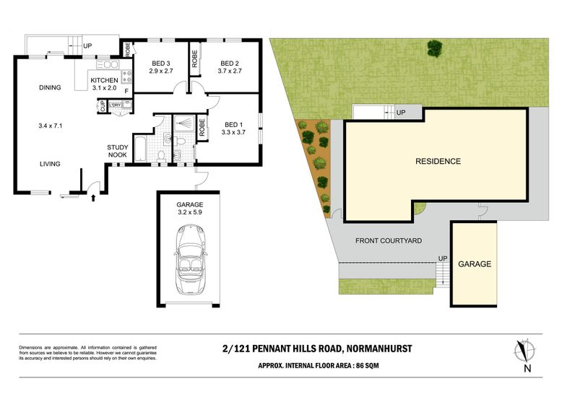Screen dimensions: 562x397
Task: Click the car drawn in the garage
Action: [190, 259]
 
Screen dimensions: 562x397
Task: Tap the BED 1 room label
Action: [234, 125]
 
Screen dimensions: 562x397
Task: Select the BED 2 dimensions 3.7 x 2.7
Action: [230, 71]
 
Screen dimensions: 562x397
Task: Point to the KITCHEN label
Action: [104, 80]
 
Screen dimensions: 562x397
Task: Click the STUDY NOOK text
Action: [118, 151]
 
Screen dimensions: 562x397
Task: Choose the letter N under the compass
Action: [527, 368]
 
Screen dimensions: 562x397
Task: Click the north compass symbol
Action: [524, 350]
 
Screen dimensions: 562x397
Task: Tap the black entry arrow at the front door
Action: [94, 198]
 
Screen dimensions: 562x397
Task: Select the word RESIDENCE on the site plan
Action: [438, 161]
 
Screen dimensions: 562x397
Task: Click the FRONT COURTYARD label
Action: [389, 241]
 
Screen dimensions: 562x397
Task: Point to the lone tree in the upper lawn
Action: [435, 48]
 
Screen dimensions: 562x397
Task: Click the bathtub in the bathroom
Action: [139, 149]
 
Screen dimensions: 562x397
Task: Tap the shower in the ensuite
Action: [184, 123]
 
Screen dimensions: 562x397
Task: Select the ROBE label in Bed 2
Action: [194, 58]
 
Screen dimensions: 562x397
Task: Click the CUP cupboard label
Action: [103, 106]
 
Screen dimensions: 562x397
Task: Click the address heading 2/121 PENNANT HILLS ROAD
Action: [282, 348]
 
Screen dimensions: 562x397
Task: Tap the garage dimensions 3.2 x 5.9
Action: [190, 212]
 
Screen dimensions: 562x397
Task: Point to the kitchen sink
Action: [108, 64]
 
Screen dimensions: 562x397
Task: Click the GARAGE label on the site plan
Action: [475, 264]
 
